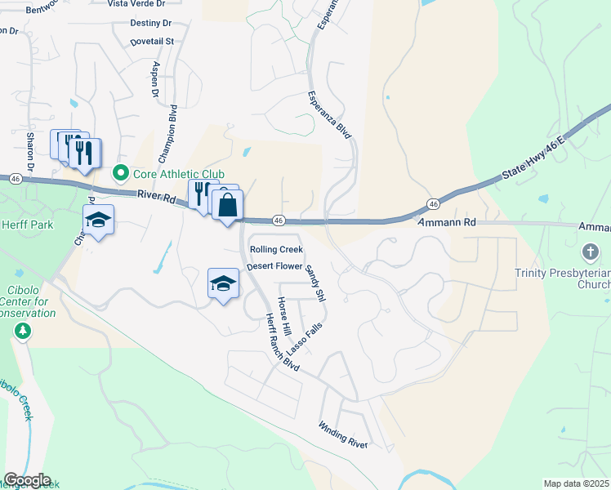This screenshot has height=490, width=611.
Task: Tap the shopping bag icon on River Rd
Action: (228, 206)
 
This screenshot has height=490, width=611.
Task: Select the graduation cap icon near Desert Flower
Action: (223, 283)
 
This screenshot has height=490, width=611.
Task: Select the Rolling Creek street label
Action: (276, 250)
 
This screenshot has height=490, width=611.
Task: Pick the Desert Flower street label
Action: (274, 266)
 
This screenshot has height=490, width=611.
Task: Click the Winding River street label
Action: (343, 435)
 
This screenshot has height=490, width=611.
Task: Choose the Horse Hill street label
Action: (284, 315)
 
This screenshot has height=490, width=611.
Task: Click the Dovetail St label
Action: (152, 41)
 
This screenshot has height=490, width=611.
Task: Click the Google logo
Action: (27, 480)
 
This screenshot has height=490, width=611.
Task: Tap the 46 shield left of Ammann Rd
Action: (434, 203)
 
